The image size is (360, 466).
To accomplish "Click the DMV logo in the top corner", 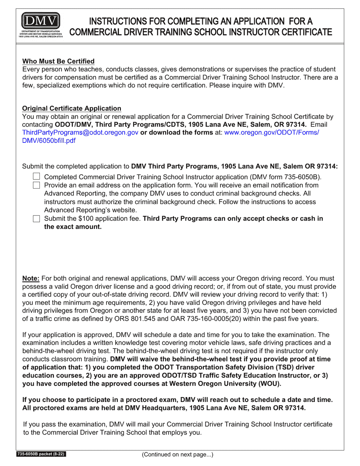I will (x=41, y=25).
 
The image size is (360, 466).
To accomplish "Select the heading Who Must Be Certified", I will (x=58, y=61).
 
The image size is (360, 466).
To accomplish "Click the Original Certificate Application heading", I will (x=72, y=109).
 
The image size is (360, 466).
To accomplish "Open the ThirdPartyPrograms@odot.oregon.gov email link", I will (x=80, y=133).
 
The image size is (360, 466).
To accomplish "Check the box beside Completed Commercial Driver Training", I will (x=36, y=177).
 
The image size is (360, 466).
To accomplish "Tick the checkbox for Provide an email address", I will (x=36, y=185).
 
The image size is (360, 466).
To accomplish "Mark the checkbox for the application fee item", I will (x=36, y=219).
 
